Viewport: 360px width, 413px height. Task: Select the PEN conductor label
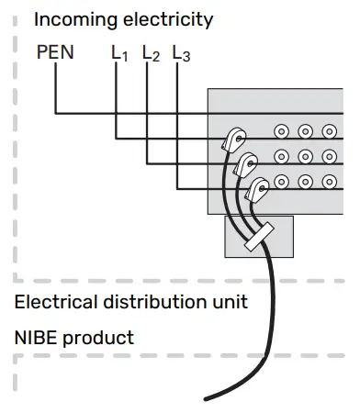point(56,53)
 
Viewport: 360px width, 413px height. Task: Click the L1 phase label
point(119,55)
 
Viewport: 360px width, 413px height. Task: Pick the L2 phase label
point(151,55)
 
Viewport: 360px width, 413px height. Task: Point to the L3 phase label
point(181,55)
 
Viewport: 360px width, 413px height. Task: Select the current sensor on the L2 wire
point(245,165)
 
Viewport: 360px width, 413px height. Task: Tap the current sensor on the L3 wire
point(258,189)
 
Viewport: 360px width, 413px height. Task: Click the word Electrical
point(54,302)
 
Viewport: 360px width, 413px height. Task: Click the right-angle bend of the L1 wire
point(117,137)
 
